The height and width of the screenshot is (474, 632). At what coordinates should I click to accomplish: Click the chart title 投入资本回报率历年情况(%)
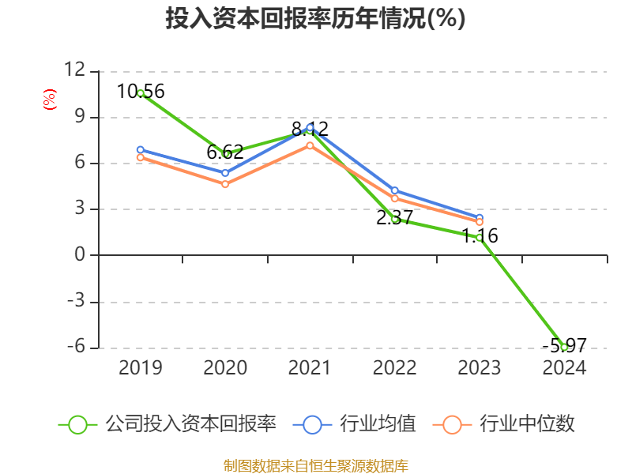point(315,19)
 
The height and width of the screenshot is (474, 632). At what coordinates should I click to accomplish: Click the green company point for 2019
point(141,93)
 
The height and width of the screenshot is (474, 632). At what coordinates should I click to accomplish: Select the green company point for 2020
point(226,154)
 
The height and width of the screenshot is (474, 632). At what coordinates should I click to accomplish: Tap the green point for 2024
point(564,347)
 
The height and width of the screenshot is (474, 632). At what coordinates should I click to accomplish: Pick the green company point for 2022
point(394,219)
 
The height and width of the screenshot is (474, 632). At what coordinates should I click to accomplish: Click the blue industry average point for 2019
point(141,149)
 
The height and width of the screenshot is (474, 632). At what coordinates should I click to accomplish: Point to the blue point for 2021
point(310,127)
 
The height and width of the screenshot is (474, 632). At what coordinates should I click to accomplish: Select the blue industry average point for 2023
point(480,217)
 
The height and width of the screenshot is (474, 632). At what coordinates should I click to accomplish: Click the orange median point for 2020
point(225,184)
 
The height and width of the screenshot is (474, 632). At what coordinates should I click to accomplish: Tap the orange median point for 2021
point(310,145)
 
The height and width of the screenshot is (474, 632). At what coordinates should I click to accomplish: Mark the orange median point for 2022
point(394,198)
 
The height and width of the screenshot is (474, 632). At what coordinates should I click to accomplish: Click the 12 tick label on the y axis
point(74,70)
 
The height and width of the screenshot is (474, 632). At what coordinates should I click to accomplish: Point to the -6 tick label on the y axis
point(74,348)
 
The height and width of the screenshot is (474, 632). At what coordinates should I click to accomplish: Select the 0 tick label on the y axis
point(79,255)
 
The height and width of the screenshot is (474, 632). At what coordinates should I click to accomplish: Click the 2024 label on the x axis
point(564,368)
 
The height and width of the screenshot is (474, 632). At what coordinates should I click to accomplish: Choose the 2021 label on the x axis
point(310,368)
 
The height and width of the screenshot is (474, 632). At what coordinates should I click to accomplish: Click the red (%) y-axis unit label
point(50,100)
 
